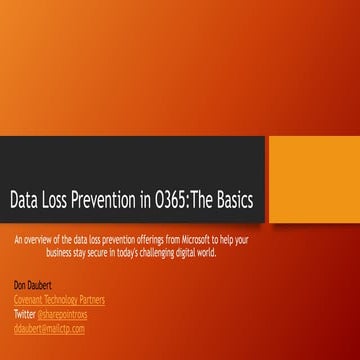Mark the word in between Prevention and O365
coord(163,201)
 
